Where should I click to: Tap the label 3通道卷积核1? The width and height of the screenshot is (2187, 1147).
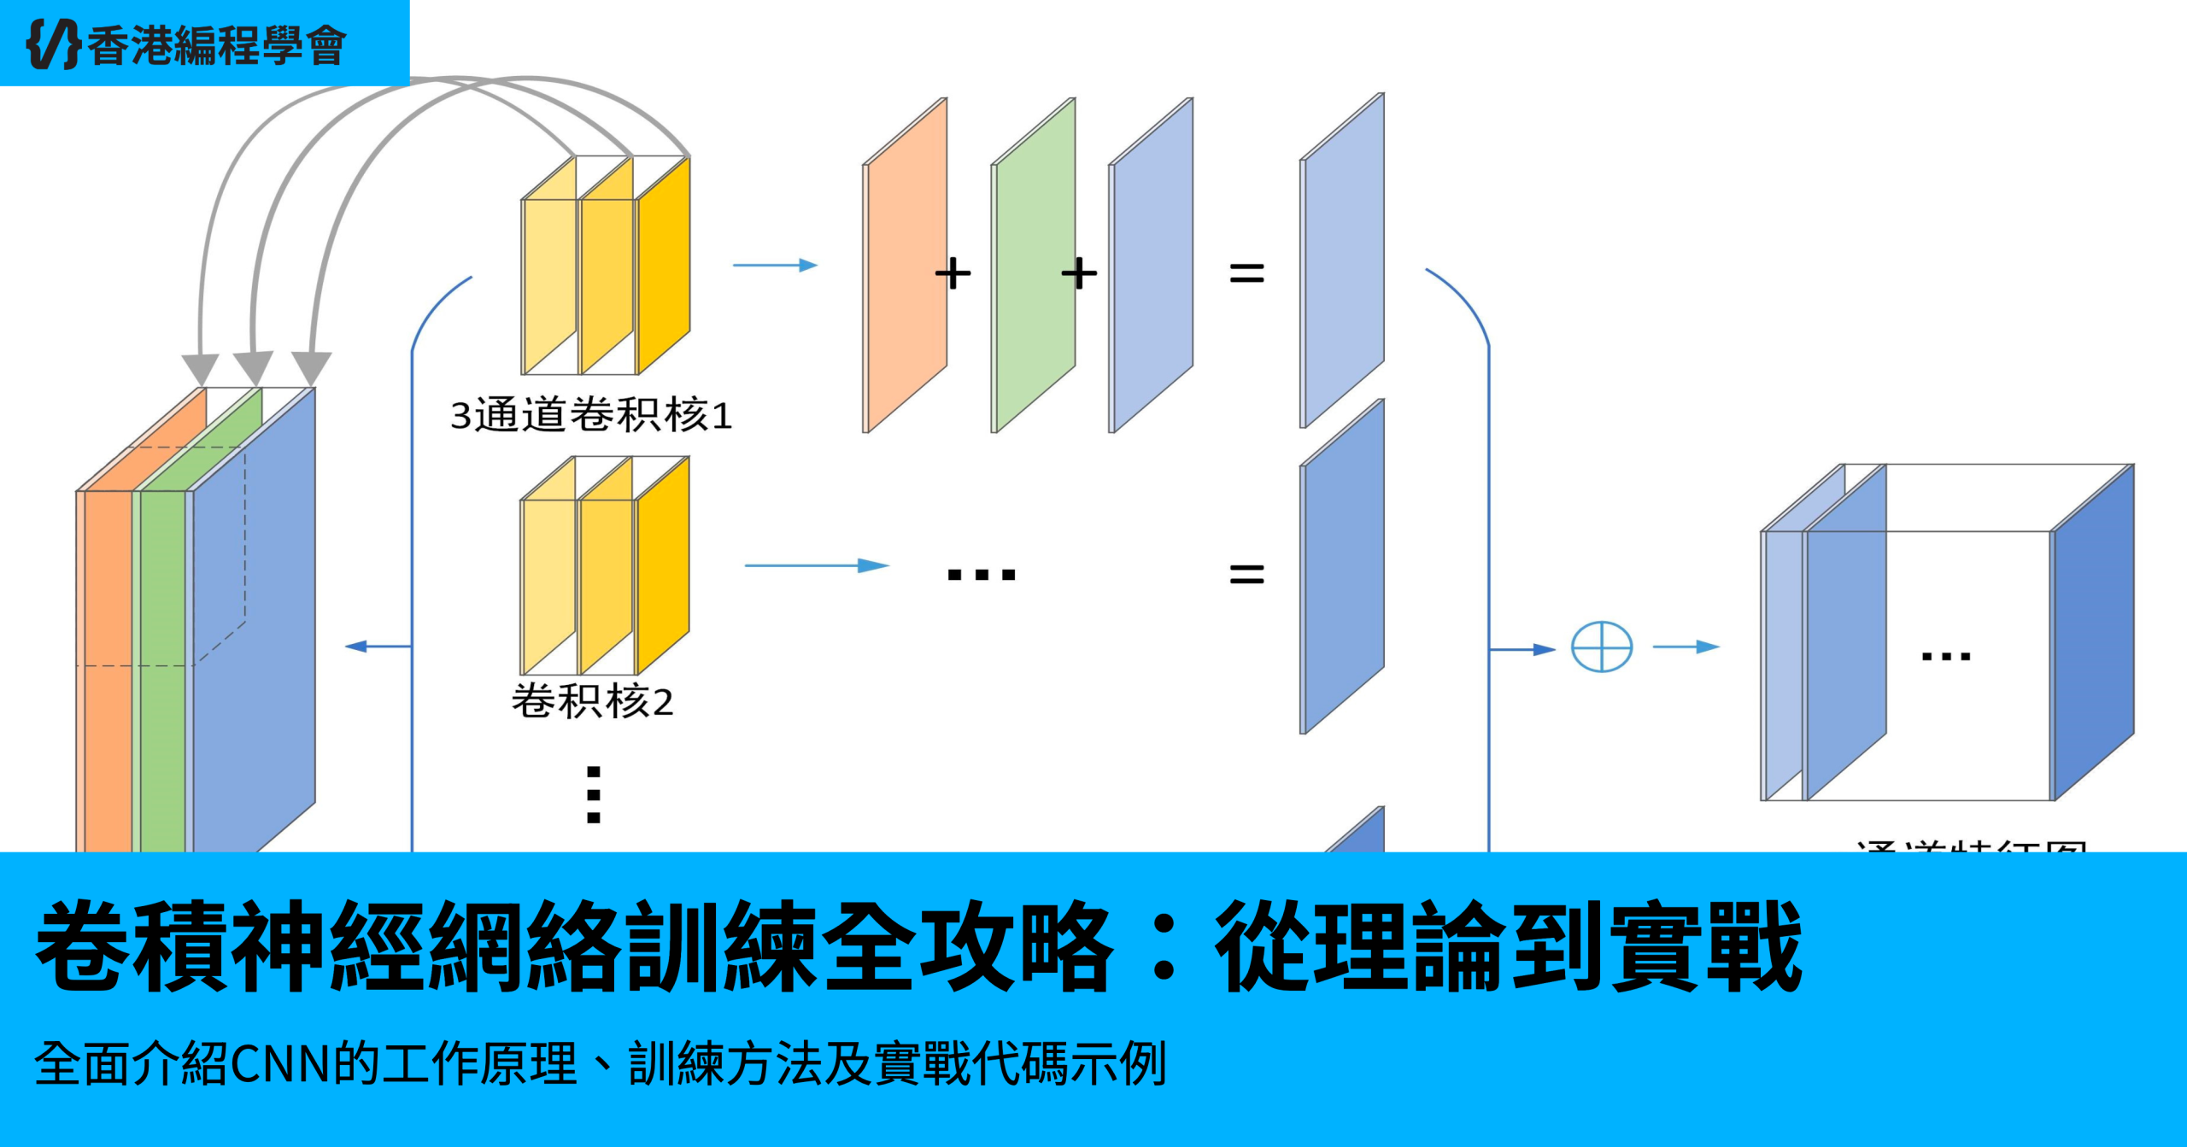591,416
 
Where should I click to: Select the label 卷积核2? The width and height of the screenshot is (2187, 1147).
592,702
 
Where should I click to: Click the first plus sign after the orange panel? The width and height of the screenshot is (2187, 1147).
953,274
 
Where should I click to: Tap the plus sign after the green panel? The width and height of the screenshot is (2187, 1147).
1079,274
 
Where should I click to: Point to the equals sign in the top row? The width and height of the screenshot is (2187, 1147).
1246,274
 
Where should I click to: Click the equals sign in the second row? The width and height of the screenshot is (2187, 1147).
1246,574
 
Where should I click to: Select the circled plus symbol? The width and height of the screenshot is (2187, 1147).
1602,647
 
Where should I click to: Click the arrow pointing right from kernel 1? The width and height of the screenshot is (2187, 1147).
775,266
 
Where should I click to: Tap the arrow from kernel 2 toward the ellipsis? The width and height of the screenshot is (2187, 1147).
817,565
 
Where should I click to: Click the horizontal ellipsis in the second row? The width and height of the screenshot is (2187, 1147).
982,575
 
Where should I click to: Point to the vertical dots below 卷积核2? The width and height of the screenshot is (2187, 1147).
594,794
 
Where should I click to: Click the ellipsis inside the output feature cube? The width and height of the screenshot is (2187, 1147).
1945,657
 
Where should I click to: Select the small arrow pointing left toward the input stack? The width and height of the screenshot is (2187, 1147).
376,647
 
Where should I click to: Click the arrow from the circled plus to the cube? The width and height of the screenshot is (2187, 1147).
1686,647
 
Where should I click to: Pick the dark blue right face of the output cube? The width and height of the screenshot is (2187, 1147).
2094,632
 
